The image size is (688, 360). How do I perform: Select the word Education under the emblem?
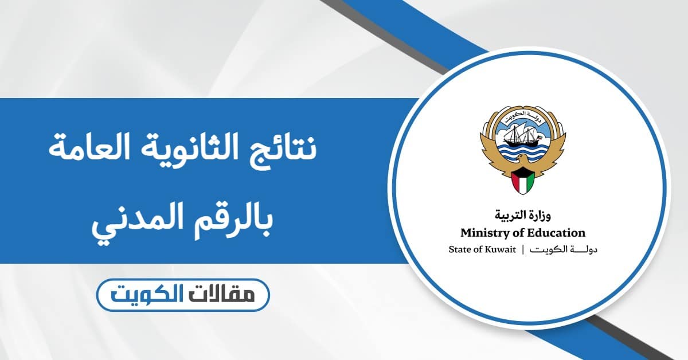[556, 233]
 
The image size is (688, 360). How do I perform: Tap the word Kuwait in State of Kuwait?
[501, 250]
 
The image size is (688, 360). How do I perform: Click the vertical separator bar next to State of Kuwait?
[523, 250]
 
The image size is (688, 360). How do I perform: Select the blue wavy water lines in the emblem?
[522, 150]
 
